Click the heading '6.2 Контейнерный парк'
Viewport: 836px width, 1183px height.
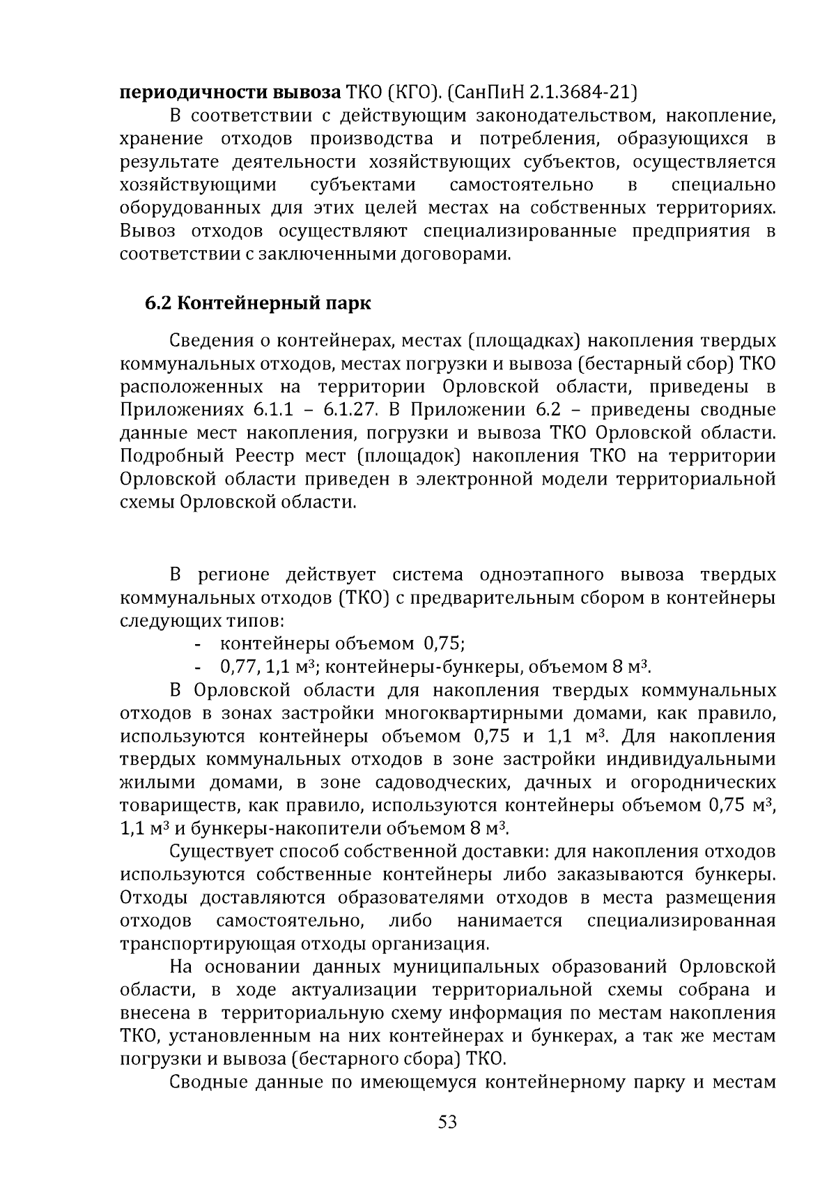(x=258, y=304)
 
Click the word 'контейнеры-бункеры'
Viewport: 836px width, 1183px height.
(x=424, y=667)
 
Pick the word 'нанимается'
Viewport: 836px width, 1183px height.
(x=509, y=921)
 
